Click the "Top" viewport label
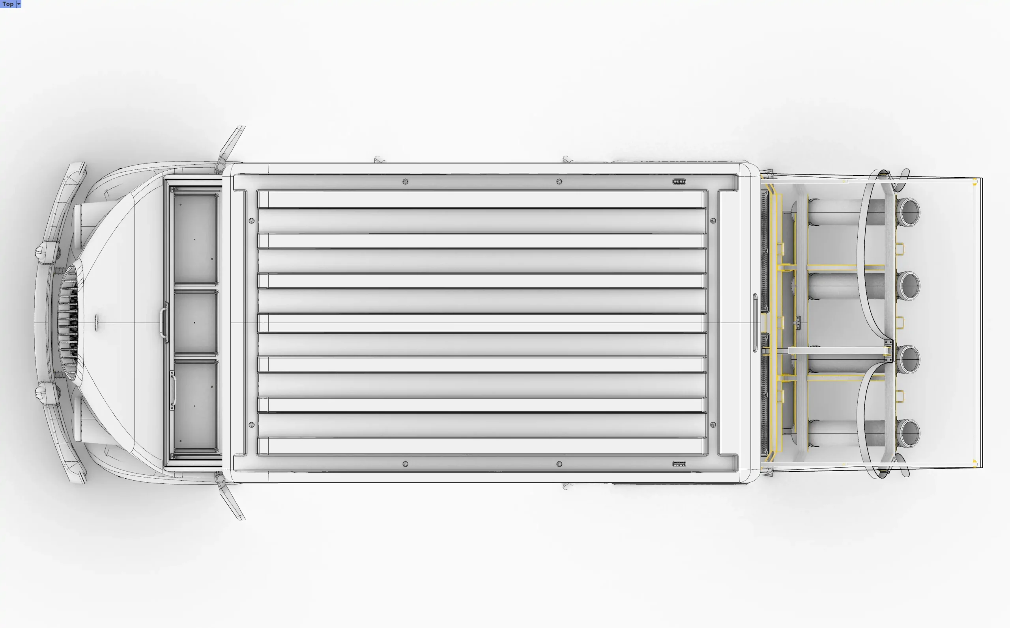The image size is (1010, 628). click(x=8, y=4)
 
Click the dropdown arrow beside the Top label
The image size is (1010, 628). click(x=19, y=4)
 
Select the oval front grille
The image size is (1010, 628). click(x=69, y=323)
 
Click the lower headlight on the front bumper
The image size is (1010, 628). click(x=47, y=392)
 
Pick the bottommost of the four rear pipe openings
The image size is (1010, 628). click(x=908, y=434)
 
